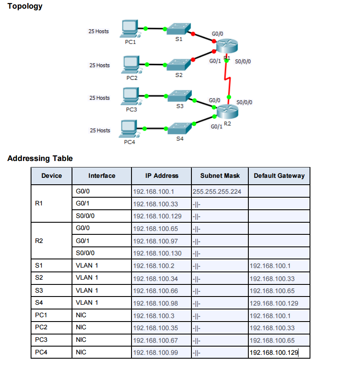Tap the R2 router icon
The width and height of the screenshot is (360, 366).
coord(227,112)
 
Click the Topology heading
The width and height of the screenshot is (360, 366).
coord(25,6)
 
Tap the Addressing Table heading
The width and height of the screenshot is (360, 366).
coord(40,158)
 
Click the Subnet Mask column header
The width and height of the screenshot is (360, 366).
coord(220,176)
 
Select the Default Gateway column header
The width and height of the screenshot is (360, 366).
coord(279,176)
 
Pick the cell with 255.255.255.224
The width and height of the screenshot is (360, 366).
coord(217,192)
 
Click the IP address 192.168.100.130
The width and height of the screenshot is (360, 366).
coord(157,253)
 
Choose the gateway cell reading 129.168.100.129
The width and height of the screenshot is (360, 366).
coord(274,303)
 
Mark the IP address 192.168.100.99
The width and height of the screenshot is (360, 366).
coord(156,353)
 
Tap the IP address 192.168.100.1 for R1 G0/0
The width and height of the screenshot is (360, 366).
coord(153,192)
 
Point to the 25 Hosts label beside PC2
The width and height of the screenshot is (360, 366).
coord(100,66)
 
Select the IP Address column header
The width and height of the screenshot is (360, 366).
coord(161,176)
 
